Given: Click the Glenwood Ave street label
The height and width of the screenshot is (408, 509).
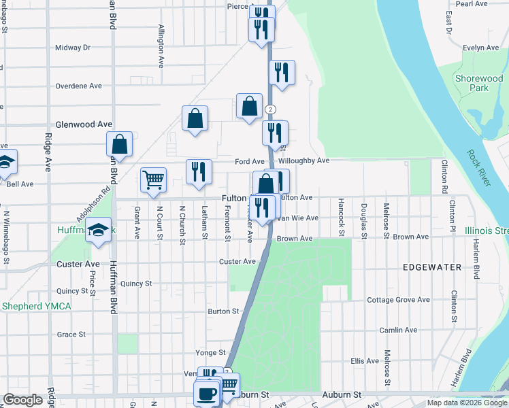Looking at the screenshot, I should pos(84,124).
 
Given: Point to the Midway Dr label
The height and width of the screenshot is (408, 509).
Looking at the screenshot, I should pos(73,48).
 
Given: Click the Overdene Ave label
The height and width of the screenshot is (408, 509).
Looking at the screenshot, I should pos(78,86).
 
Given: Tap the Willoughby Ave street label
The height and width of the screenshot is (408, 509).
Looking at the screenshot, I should pos(303,161).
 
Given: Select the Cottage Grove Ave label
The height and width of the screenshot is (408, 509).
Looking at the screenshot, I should pos(398,300).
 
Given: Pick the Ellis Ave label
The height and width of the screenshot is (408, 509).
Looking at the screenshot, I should pos(364,361).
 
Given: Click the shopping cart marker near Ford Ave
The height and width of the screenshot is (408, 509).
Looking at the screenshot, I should pos(153,181).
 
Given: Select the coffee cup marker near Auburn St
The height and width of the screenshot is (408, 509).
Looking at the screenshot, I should pos(206,393).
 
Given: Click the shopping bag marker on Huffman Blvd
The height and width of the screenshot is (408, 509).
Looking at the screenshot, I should pos(119,144).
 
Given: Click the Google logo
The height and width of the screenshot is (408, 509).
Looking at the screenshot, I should pos(22,400).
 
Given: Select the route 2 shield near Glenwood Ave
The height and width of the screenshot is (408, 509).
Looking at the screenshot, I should pos(271,109).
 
